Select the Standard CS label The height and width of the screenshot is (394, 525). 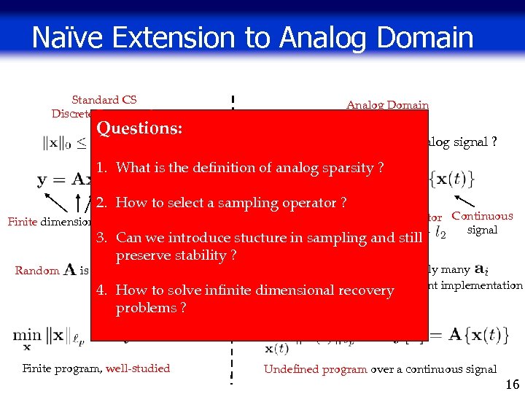104,100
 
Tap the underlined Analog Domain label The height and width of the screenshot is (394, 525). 387,105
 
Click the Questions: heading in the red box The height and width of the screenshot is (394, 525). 139,128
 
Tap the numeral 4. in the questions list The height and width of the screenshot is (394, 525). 102,290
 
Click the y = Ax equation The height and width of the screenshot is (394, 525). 64,179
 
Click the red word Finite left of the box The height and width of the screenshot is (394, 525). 22,222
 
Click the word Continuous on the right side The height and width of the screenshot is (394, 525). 482,216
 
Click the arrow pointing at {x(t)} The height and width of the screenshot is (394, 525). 464,203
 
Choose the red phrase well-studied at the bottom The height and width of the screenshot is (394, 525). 138,368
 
